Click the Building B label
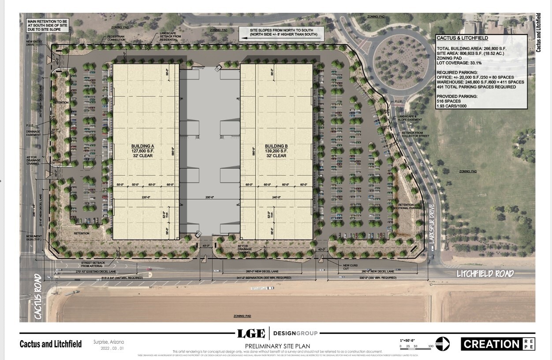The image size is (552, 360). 276,150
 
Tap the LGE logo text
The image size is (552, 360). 251,333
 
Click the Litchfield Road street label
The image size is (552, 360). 485,274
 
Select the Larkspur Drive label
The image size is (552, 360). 432,225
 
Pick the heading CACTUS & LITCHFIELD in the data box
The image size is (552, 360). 462,38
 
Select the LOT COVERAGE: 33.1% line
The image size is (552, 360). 459,63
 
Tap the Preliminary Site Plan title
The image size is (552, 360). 277,345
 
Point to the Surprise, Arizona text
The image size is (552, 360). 108,341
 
